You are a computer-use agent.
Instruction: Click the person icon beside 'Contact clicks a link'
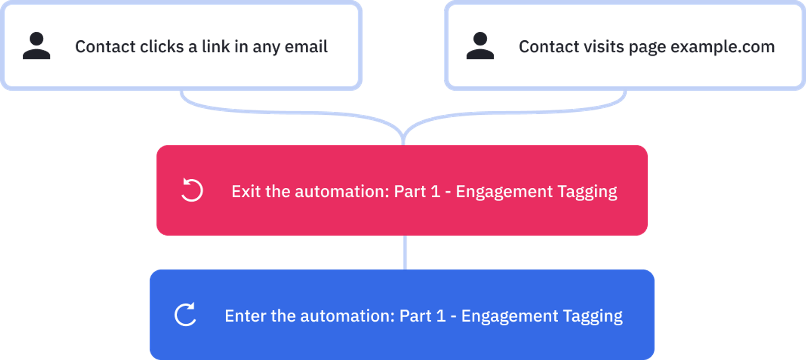36,46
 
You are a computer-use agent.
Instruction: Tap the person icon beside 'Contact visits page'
480,46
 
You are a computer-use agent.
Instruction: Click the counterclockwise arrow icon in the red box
192,190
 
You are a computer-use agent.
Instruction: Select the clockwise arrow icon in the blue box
185,315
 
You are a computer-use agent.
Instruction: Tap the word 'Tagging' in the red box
587,192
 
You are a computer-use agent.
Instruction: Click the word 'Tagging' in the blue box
592,316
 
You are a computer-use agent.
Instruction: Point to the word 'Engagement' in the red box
504,192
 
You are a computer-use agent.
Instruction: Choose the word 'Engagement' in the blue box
510,316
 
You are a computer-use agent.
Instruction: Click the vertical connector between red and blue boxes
405,252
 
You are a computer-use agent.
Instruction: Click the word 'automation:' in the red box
342,191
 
